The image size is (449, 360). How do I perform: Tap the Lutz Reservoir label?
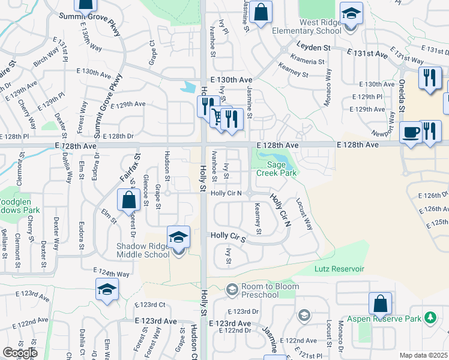point(339,269)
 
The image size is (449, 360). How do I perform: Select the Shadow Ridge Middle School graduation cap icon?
point(178,238)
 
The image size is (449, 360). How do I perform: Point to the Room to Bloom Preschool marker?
point(232,290)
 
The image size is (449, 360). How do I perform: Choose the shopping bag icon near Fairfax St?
point(128,200)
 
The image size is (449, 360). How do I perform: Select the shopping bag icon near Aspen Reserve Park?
point(380,304)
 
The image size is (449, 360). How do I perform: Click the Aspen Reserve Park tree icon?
point(430,317)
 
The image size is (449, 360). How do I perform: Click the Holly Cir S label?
point(228,236)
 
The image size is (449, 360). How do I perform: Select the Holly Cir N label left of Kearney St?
point(226,193)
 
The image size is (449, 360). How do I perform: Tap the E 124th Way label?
point(112,274)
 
